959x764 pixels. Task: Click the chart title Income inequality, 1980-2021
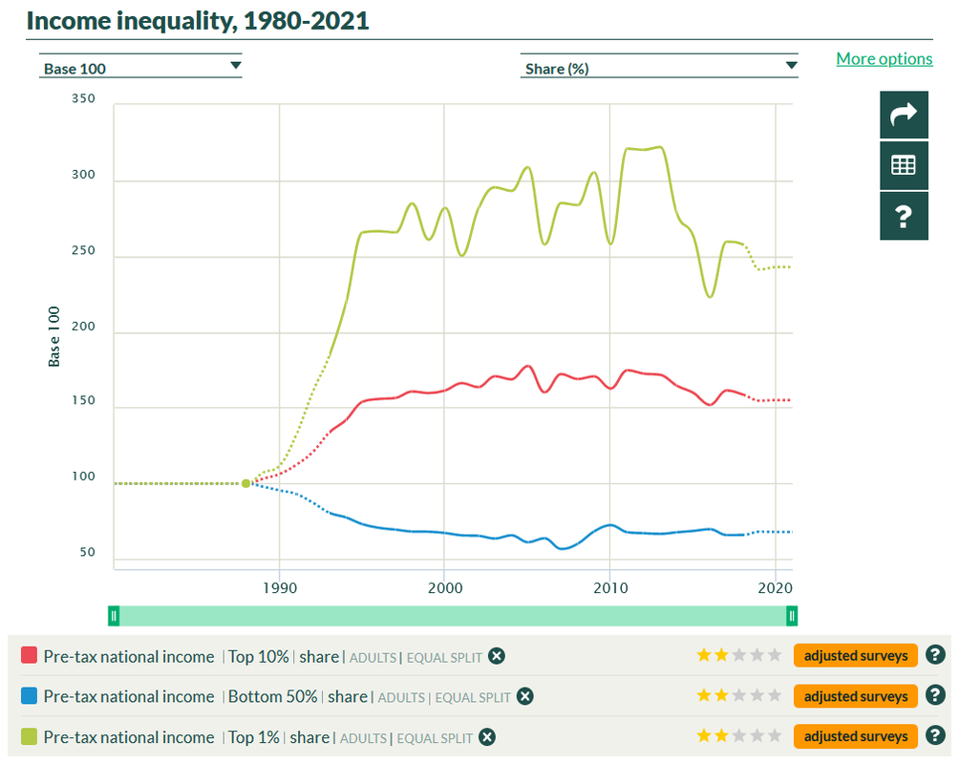198,20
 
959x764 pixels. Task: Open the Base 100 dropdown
141,68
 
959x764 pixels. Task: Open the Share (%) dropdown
658,68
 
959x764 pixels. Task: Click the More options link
884,59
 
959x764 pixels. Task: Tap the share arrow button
904,116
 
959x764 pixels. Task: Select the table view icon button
904,165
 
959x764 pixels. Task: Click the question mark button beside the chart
904,216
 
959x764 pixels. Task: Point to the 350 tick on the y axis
84,98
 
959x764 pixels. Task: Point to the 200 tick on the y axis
84,326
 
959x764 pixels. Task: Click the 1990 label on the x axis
280,586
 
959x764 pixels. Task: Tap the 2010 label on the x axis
610,586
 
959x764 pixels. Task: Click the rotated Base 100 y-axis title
54,336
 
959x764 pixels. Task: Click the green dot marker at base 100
246,483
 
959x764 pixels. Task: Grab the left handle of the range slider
113,616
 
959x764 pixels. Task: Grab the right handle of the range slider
792,616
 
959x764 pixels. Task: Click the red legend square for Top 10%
29,656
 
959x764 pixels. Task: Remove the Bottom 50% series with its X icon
524,697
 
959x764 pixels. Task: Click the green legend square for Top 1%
29,737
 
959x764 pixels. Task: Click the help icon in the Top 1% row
935,736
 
